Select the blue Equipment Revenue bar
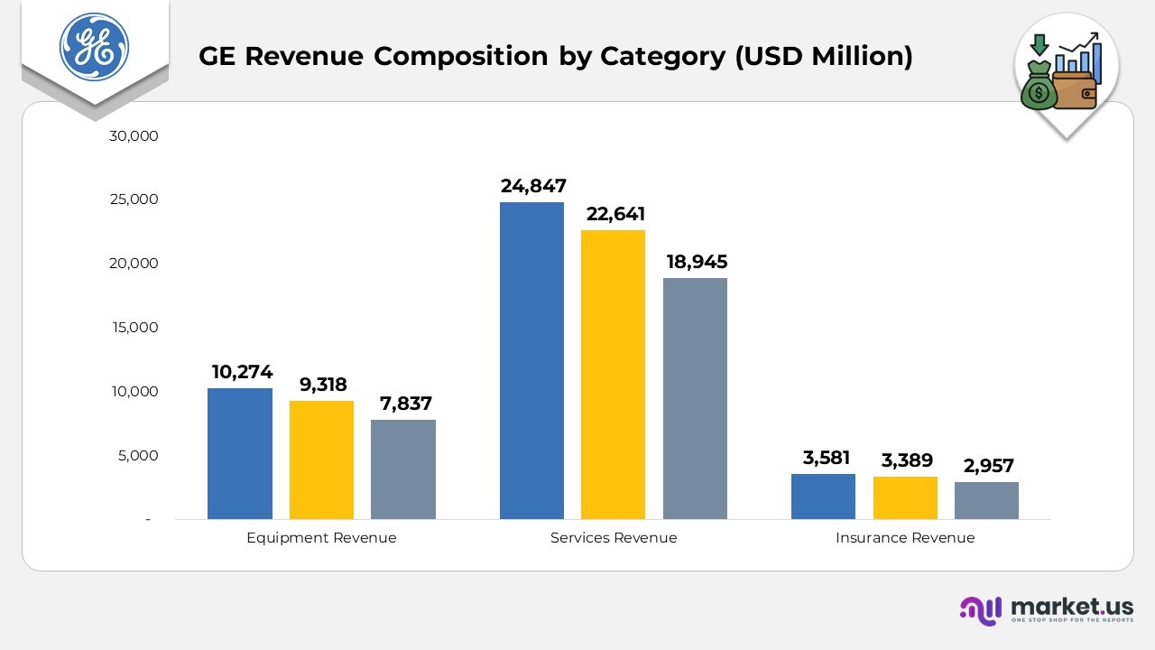pos(240,453)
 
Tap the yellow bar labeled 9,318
pos(321,460)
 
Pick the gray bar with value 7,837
pos(402,469)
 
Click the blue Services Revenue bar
pos(531,361)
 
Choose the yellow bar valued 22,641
pos(613,375)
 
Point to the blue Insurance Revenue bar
pos(823,497)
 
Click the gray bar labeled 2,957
pos(986,500)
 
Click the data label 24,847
pos(533,186)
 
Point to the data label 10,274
pos(242,372)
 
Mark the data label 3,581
pos(826,458)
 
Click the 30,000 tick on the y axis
pos(133,136)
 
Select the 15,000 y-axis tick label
pos(134,328)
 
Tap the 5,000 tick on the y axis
pos(138,456)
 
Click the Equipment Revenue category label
pos(321,538)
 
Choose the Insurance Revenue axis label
pos(905,538)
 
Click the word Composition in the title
pos(460,57)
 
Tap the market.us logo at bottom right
pos(1047,608)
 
